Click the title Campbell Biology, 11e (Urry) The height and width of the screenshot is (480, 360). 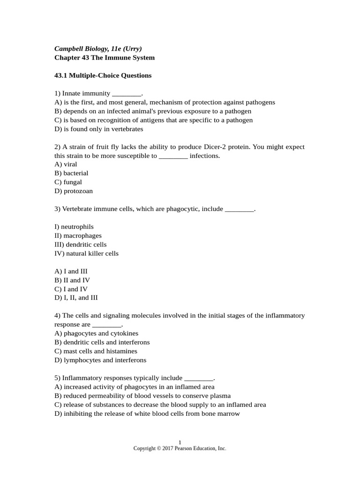pyautogui.click(x=98, y=49)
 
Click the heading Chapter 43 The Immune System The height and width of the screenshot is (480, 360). pyautogui.click(x=104, y=58)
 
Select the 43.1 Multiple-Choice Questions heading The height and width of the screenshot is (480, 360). pyautogui.click(x=103, y=75)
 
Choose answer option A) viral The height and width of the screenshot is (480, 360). pyautogui.click(x=66, y=164)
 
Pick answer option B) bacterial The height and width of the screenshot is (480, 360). pyautogui.click(x=71, y=173)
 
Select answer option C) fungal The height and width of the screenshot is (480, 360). pyautogui.click(x=68, y=182)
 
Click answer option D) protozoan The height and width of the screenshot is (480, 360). pyautogui.click(x=74, y=191)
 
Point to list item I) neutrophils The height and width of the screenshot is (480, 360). pyautogui.click(x=74, y=227)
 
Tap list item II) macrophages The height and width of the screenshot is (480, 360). pyautogui.click(x=78, y=235)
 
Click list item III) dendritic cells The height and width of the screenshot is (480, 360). pyautogui.click(x=80, y=244)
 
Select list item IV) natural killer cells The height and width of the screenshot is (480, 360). pyautogui.click(x=86, y=253)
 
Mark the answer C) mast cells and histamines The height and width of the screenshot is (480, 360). pyautogui.click(x=96, y=351)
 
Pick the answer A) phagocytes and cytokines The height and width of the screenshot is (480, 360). pyautogui.click(x=96, y=333)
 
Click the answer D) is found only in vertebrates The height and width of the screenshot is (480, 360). pyautogui.click(x=98, y=129)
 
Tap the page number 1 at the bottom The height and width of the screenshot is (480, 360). pyautogui.click(x=180, y=442)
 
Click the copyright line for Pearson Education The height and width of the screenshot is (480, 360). pyautogui.click(x=180, y=449)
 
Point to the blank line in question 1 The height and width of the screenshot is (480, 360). pyautogui.click(x=126, y=93)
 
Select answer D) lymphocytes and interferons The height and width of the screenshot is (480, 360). pyautogui.click(x=100, y=360)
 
